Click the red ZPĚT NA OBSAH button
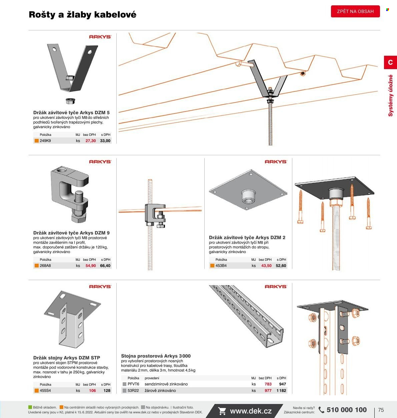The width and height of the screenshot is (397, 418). [x=355, y=11]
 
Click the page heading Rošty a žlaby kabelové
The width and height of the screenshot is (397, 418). [x=83, y=14]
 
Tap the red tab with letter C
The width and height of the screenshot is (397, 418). [x=390, y=62]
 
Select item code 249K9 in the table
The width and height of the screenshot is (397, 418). [x=45, y=141]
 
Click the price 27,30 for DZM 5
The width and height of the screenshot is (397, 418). [x=91, y=141]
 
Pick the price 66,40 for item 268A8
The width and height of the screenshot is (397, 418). [x=105, y=265]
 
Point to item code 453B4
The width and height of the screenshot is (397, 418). [x=221, y=265]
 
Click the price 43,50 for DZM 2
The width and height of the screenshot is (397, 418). [x=266, y=265]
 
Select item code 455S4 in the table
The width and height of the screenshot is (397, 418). [x=45, y=390]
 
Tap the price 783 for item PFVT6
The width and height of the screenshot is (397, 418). [x=268, y=384]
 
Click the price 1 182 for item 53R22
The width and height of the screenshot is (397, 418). [x=281, y=390]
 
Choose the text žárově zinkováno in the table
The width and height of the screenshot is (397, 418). [x=160, y=390]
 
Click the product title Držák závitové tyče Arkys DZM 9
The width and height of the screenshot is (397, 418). [x=71, y=233]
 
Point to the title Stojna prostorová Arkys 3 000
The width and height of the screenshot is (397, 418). [x=156, y=356]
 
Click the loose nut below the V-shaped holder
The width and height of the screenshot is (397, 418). [x=70, y=101]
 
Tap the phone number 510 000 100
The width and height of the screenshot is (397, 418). [x=347, y=410]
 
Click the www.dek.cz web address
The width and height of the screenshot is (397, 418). [x=251, y=411]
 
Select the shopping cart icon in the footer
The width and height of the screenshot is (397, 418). [x=222, y=411]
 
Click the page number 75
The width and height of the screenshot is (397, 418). [x=381, y=410]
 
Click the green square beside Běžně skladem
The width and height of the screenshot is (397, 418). [x=30, y=407]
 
